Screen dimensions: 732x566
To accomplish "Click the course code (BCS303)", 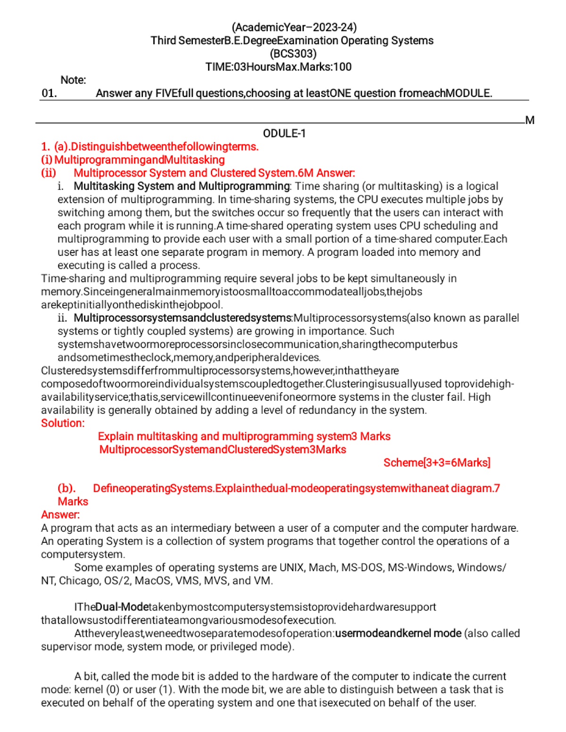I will (x=293, y=54).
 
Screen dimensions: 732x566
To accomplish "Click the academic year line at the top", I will (x=294, y=27).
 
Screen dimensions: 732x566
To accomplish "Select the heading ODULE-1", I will (x=284, y=133).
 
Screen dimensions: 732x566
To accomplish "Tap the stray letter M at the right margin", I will (x=530, y=120).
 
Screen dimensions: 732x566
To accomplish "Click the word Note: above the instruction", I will (x=73, y=80).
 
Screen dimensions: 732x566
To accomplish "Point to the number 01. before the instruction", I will (x=49, y=93).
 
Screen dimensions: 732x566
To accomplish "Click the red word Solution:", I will (x=63, y=423).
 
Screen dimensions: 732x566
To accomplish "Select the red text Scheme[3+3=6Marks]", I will (x=437, y=463).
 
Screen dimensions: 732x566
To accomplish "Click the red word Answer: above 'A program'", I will (x=60, y=515).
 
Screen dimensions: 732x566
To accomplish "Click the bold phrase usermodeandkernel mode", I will (x=398, y=633).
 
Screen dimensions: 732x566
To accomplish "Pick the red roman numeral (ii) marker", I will (x=49, y=173).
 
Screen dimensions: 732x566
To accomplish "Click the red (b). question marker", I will (x=67, y=488).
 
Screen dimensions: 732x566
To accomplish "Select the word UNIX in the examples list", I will (x=292, y=568).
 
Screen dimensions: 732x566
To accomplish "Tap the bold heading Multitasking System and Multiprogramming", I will (x=182, y=186).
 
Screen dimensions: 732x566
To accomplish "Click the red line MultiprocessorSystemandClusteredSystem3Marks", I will (x=223, y=450).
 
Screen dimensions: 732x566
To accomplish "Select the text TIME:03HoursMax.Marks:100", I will (x=278, y=67).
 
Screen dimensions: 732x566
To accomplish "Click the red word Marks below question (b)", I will (x=73, y=502).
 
